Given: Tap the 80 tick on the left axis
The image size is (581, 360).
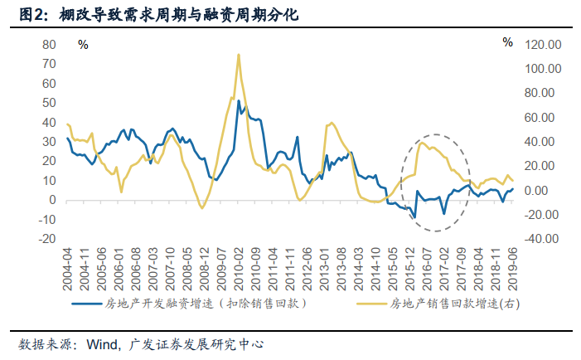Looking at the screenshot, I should tap(50, 44).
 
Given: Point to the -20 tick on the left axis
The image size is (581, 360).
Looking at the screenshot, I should tap(48, 239).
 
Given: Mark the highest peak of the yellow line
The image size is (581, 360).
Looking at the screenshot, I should tap(239, 56).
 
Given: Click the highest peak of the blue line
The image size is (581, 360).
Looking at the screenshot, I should tap(239, 101).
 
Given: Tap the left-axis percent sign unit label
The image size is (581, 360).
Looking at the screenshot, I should tap(83, 43).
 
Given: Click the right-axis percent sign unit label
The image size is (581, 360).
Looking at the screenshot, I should tap(507, 42).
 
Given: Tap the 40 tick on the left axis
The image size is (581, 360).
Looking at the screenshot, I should tap(50, 122).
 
